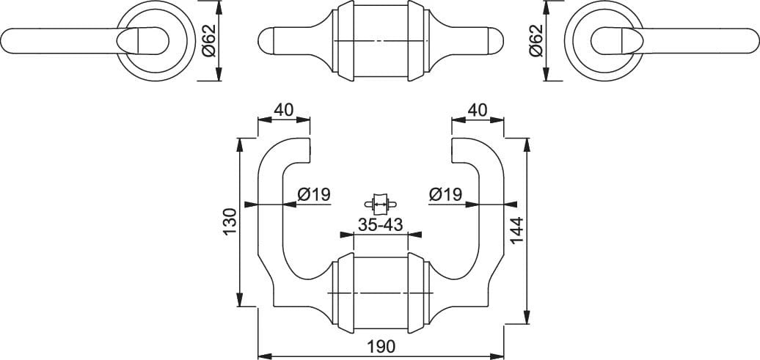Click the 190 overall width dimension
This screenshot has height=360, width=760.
point(381,346)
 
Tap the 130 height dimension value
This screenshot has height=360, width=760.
point(230,222)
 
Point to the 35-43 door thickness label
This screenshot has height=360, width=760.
point(381,225)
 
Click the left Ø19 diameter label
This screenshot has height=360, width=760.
point(314,195)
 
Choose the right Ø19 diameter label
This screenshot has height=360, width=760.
point(445,195)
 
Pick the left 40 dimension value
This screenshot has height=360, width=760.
point(284,110)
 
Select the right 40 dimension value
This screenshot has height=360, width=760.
point(478,110)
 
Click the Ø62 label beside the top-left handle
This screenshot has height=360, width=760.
point(209,41)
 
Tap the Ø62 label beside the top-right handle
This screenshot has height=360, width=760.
point(536,41)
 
